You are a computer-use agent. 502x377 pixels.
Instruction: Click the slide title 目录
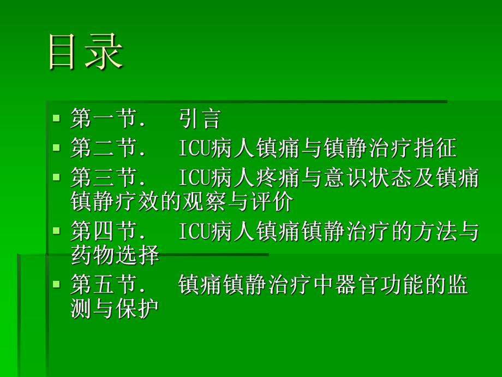(x=86, y=52)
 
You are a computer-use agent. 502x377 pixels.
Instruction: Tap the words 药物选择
(x=115, y=256)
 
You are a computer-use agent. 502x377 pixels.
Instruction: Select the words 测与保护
(x=115, y=309)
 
